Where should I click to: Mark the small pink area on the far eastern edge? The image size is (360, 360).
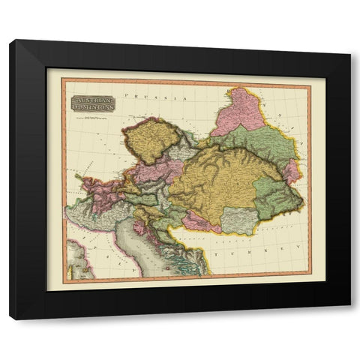(x=291, y=171)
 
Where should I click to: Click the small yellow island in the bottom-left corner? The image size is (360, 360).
(x=78, y=263)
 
